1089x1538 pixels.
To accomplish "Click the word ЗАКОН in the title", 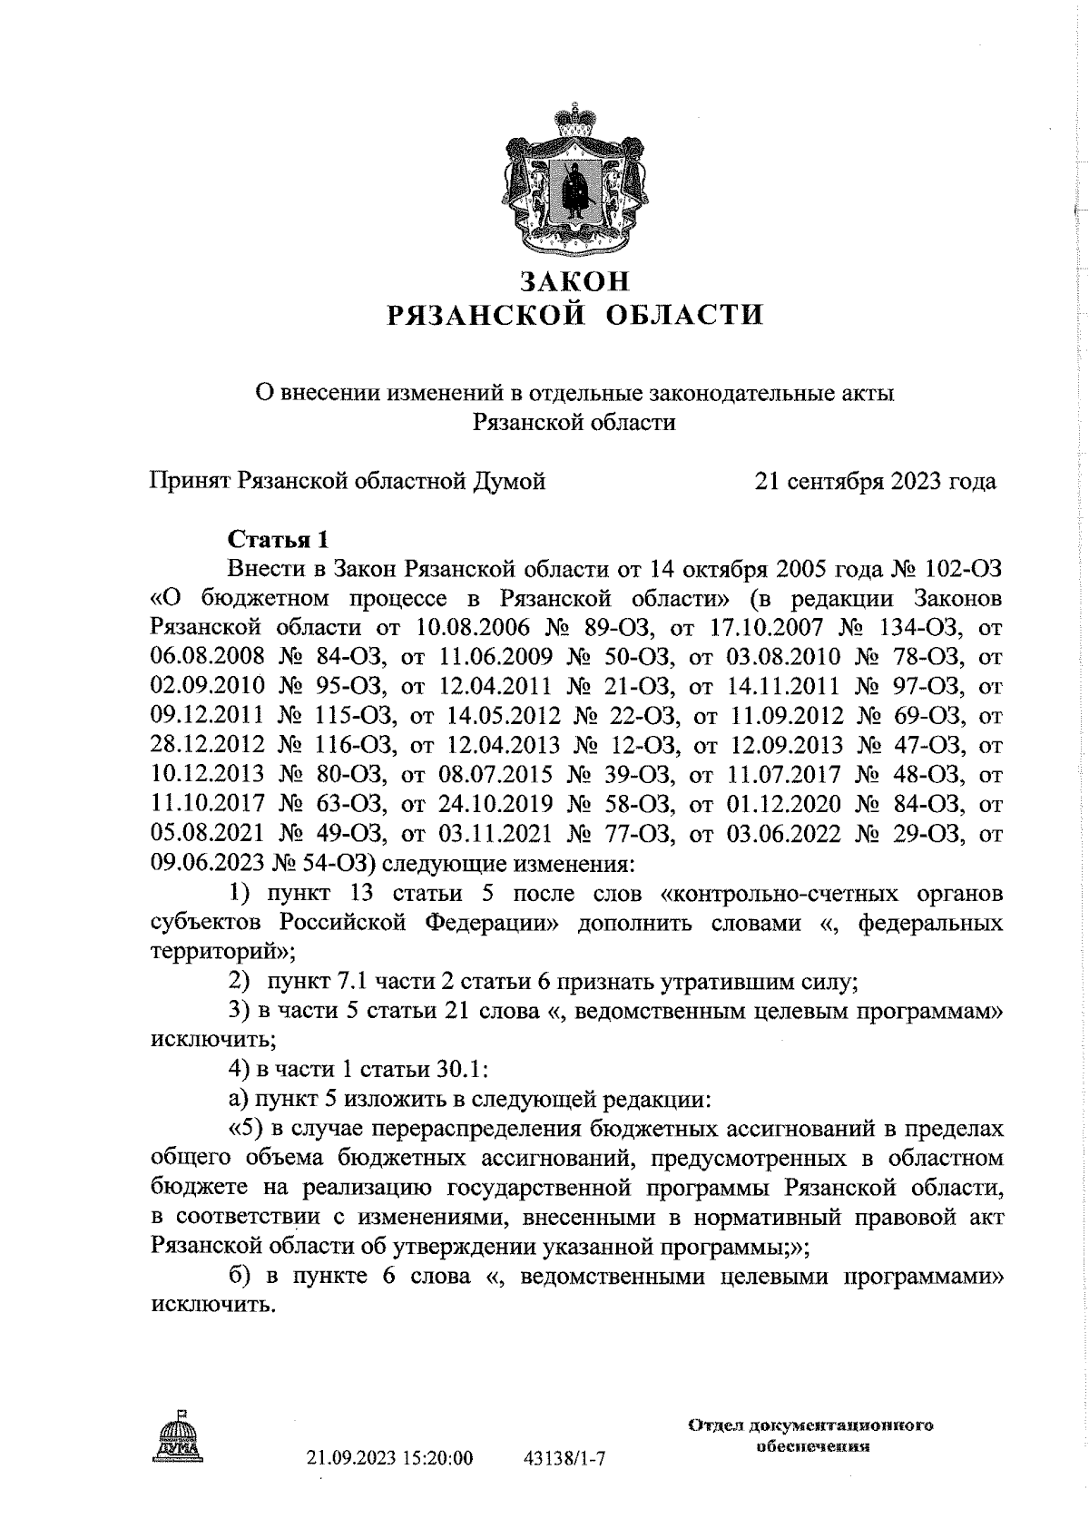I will [x=573, y=279].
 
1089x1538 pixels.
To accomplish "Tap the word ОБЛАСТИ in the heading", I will [x=684, y=315].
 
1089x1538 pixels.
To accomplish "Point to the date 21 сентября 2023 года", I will [x=876, y=481].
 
